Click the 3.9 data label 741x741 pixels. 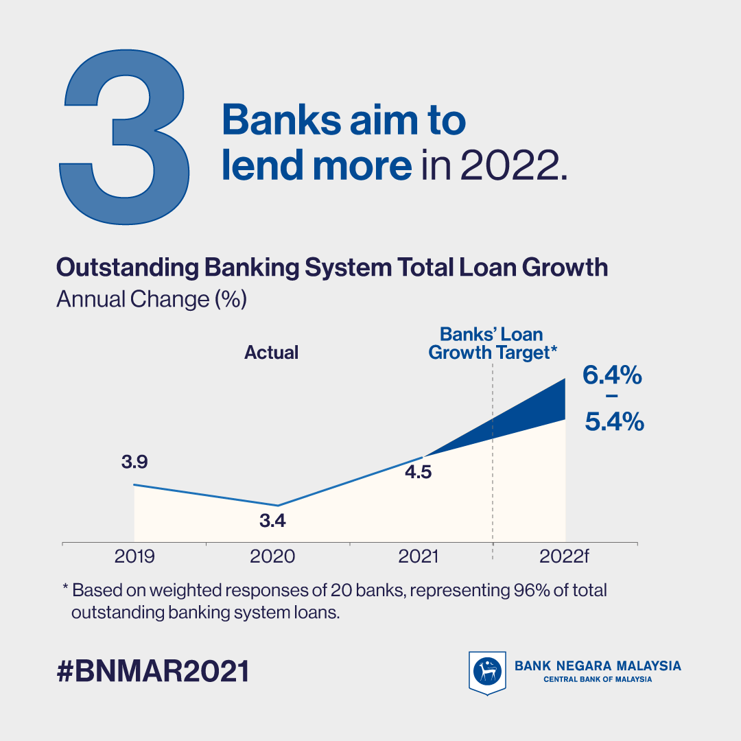(x=134, y=462)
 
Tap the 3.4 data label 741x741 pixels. (x=272, y=520)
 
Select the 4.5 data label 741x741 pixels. (x=419, y=471)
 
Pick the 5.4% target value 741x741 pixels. (x=614, y=421)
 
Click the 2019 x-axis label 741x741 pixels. (x=134, y=556)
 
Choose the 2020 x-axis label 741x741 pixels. (x=272, y=556)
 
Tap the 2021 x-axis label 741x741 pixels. (x=419, y=556)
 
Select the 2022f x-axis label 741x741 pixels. (x=564, y=556)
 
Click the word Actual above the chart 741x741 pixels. (x=271, y=353)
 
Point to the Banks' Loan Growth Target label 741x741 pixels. (x=493, y=344)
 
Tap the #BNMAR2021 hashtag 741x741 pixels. (x=152, y=671)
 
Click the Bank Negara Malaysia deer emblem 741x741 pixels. (x=487, y=672)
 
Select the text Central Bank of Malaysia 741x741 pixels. (x=598, y=679)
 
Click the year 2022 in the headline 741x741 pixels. (x=509, y=165)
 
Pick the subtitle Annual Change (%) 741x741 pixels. (x=152, y=299)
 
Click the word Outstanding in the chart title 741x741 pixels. (x=128, y=268)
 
